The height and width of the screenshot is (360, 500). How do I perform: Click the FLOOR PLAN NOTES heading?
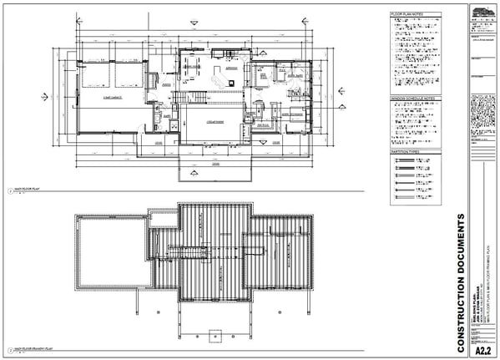click(x=407, y=14)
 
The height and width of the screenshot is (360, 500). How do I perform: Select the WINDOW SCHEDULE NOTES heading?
click(x=412, y=99)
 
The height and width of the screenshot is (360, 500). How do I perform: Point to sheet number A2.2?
click(x=482, y=352)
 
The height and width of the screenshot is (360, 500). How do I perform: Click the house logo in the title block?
click(x=482, y=12)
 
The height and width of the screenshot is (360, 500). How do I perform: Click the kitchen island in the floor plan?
click(x=223, y=80)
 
